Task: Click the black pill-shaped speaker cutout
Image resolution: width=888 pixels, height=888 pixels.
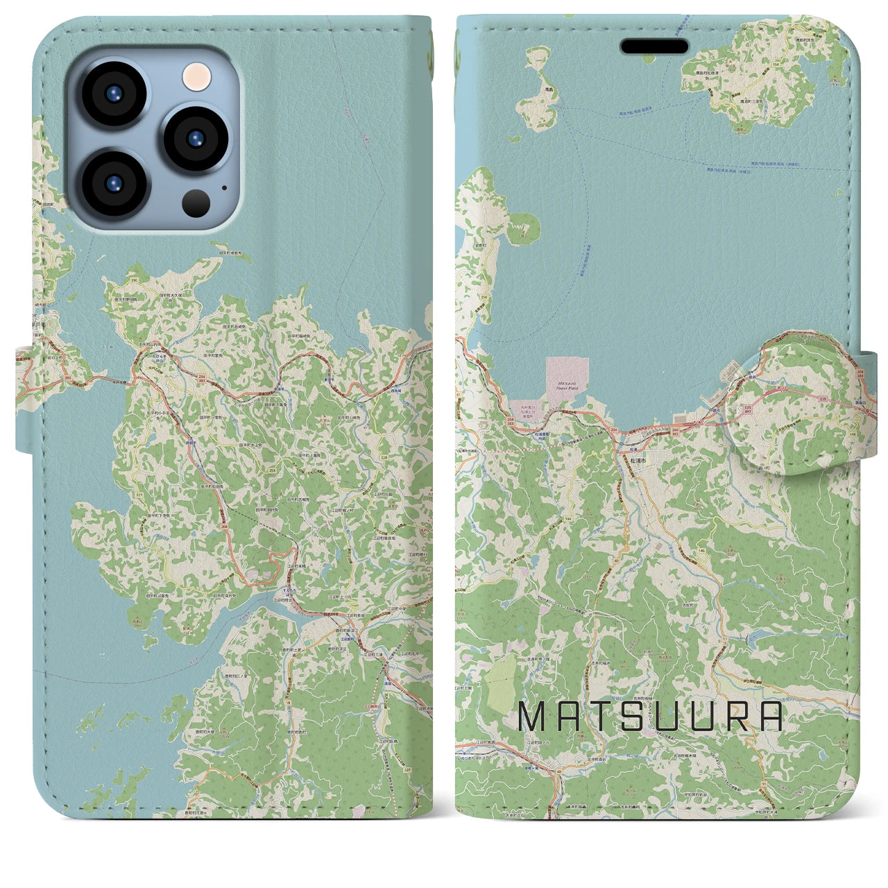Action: (x=654, y=46)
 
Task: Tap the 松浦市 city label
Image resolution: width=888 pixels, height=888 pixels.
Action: (x=638, y=460)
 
